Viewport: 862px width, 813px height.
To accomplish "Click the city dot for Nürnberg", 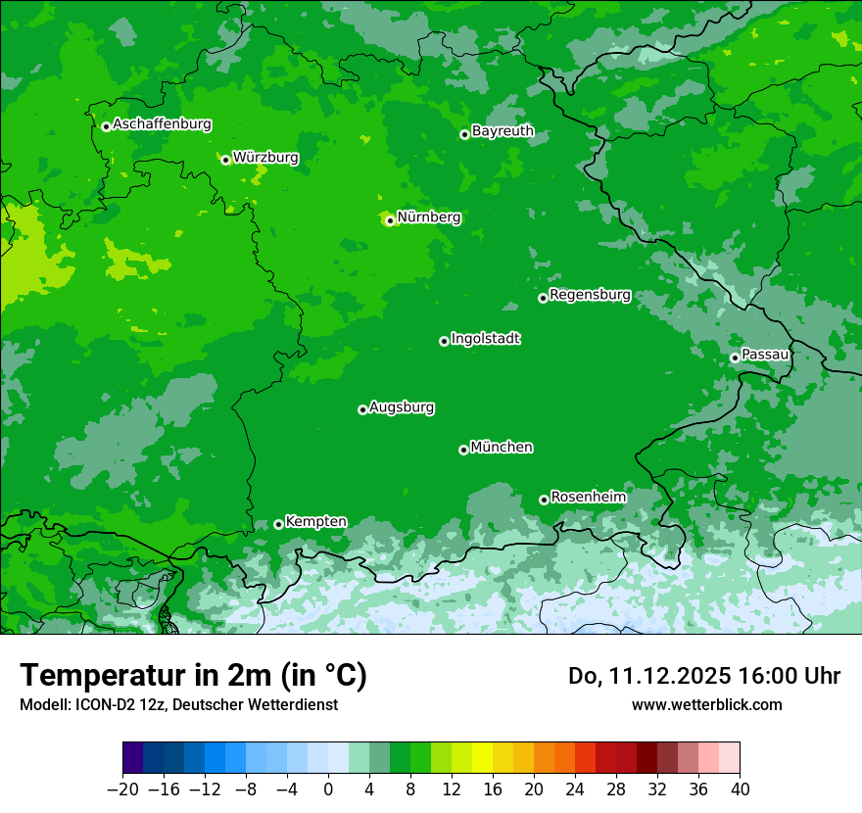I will point(390,220).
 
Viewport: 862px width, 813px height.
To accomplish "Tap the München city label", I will point(502,448).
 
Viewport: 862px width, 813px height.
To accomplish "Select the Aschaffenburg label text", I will point(162,124).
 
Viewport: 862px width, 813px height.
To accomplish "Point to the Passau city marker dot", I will point(735,358).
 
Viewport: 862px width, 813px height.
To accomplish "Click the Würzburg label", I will point(265,158).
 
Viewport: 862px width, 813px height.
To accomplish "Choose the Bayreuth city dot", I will point(464,134).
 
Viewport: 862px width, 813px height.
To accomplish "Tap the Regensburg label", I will point(590,295).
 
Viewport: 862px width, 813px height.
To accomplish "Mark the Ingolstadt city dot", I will point(444,341).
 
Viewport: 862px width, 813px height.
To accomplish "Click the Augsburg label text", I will point(402,407).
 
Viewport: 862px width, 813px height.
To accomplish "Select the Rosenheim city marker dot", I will point(544,500).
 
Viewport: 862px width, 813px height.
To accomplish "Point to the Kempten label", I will point(315,522).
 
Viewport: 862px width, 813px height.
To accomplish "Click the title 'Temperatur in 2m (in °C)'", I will point(193,676).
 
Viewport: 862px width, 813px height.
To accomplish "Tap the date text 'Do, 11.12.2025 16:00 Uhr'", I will point(704,676).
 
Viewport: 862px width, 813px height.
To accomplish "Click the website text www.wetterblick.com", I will point(706,704).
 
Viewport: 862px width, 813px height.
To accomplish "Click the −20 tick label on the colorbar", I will point(122,789).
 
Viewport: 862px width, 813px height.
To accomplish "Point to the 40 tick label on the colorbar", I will point(740,789).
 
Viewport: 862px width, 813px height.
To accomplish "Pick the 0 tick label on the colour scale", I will point(328,789).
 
